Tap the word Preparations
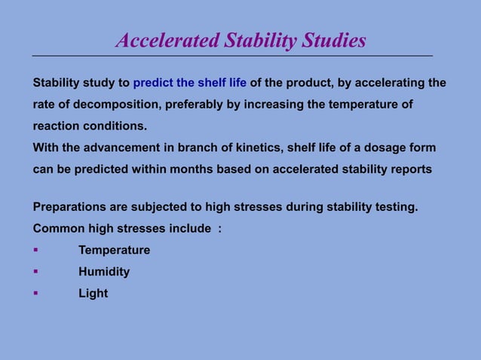point(69,206)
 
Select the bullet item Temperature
point(114,250)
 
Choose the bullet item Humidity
point(104,272)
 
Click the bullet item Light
point(93,294)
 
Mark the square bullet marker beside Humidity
point(35,272)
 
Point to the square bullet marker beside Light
point(35,294)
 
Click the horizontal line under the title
point(232,56)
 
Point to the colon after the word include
point(219,228)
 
